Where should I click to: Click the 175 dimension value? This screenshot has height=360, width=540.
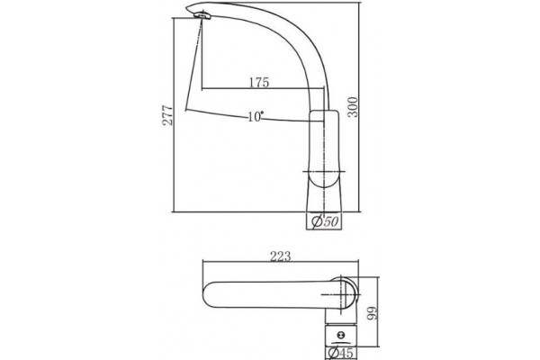[258, 83]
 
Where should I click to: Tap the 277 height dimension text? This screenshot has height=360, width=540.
[167, 115]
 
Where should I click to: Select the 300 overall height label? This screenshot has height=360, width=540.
[353, 107]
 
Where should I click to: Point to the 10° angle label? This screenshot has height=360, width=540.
[256, 117]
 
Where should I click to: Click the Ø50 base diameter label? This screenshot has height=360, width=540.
[324, 221]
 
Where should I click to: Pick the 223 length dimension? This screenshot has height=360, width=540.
[280, 256]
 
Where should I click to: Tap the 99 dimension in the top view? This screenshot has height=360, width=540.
[372, 313]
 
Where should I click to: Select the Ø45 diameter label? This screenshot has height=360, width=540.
[340, 353]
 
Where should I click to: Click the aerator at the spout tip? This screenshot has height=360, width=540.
[202, 15]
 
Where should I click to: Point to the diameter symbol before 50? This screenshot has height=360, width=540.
[317, 221]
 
